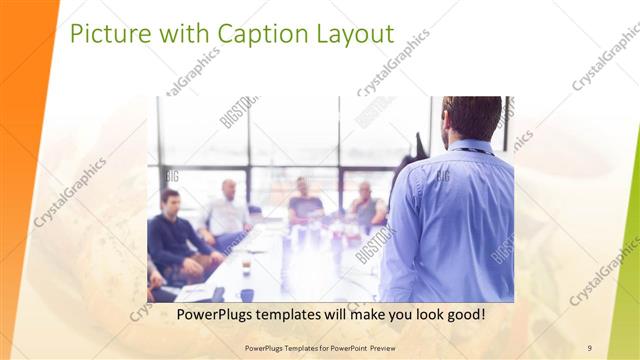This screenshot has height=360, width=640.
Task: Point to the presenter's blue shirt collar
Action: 470,146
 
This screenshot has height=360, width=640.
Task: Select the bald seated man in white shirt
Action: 229,210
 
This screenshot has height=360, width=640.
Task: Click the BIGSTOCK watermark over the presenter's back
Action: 376,245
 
